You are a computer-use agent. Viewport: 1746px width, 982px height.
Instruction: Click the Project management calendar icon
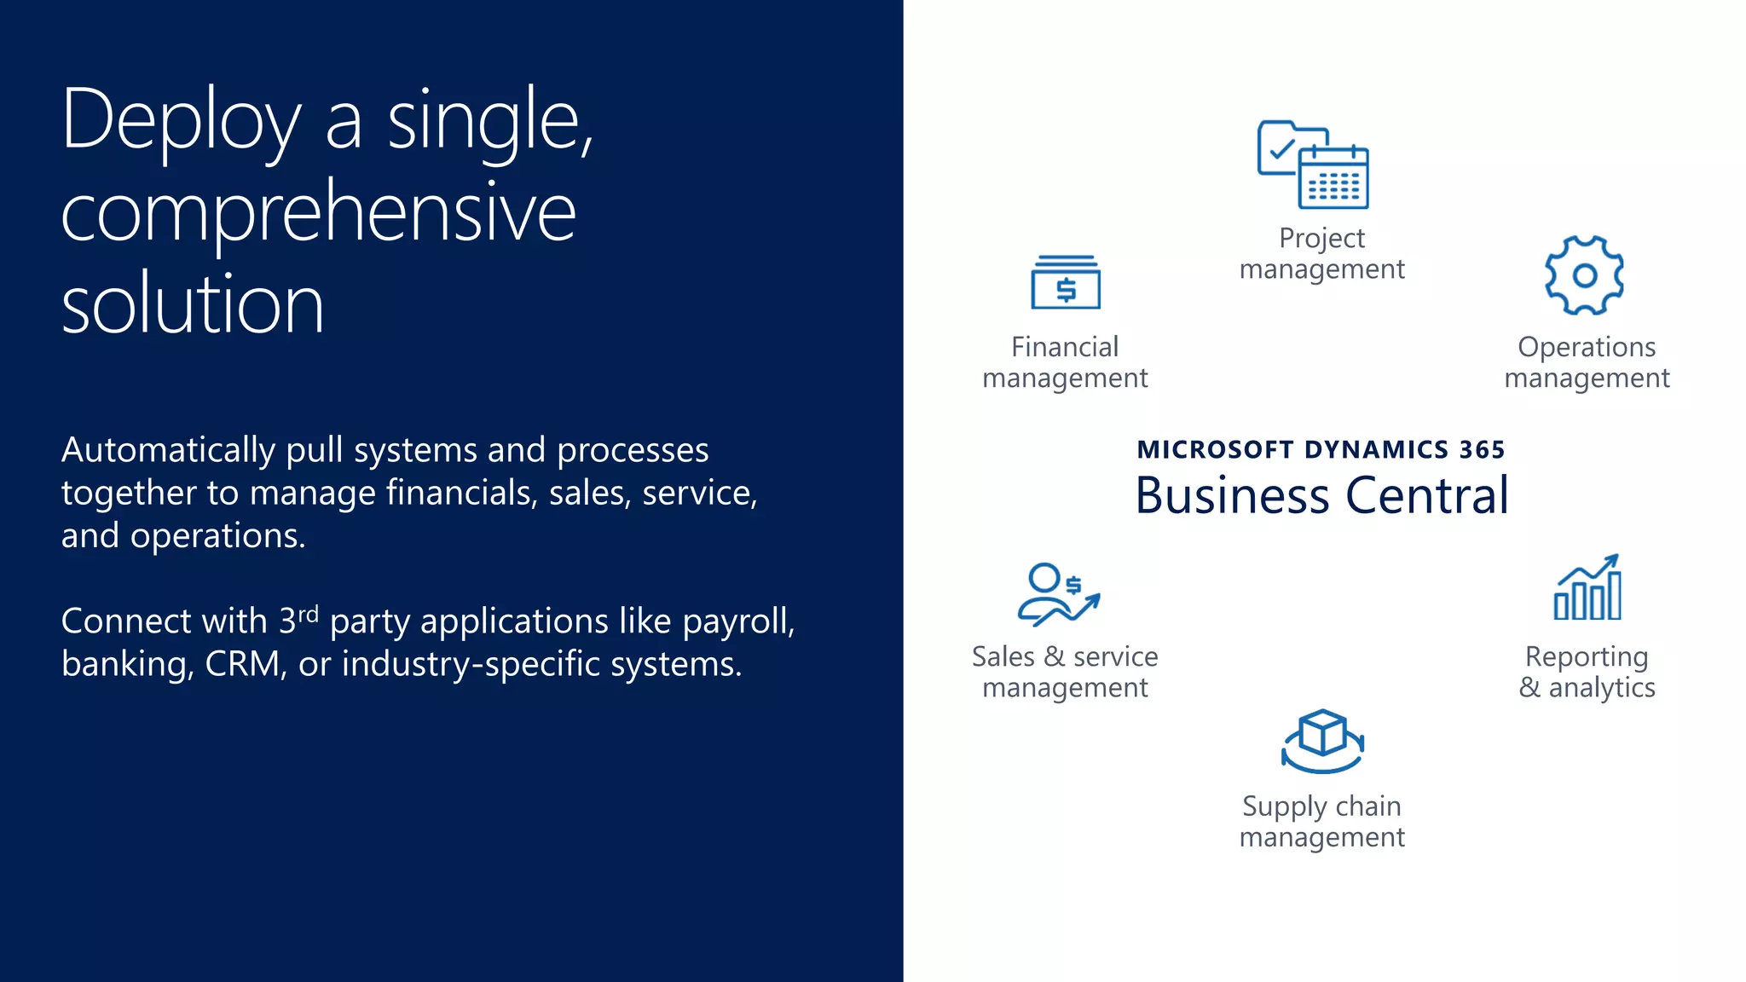(1314, 165)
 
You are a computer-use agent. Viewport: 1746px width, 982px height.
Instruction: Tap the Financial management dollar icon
(1066, 283)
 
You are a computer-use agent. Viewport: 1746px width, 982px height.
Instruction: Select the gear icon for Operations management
(1585, 275)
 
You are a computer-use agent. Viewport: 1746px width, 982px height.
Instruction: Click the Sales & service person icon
(1058, 593)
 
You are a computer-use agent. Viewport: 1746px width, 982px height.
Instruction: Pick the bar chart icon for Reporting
(1587, 588)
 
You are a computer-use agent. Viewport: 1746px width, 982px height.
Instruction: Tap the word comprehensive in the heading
(319, 213)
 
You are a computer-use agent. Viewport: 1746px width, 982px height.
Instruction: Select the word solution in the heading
(193, 304)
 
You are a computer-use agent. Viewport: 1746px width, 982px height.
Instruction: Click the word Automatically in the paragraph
(168, 450)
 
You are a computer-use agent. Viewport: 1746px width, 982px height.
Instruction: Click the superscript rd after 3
(309, 614)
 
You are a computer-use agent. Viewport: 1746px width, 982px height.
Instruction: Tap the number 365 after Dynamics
(1482, 450)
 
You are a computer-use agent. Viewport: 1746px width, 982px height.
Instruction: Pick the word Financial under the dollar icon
(1065, 347)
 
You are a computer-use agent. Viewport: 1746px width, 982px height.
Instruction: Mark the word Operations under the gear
(1587, 347)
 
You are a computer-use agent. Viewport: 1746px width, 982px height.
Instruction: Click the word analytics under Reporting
(1602, 687)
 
